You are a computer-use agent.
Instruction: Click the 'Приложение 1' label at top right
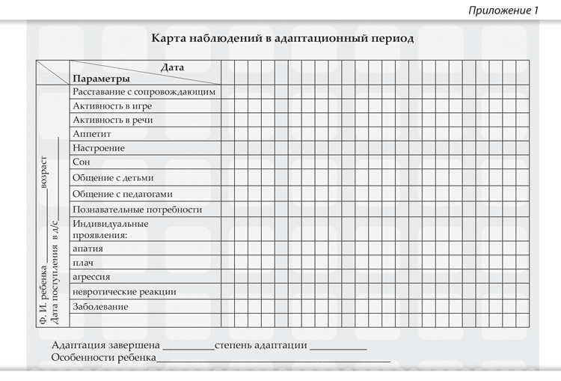503,10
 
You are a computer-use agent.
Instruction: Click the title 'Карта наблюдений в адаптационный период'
282,37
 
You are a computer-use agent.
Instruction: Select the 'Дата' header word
172,67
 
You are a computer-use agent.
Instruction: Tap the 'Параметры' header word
101,79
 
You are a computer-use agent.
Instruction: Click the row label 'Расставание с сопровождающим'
144,92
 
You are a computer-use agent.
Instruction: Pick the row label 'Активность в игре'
112,106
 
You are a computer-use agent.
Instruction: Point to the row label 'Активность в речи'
112,120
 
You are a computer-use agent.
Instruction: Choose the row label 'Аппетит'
92,134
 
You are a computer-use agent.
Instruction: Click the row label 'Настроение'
99,148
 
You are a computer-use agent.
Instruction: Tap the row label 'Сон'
82,162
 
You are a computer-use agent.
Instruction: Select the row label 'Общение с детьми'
113,178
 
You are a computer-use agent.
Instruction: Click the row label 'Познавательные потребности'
138,210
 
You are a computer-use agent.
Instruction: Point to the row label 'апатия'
88,249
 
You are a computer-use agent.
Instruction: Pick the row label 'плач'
83,263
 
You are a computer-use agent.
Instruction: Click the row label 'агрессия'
92,276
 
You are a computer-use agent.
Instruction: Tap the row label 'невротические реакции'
124,291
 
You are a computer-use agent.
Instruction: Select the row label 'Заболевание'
100,307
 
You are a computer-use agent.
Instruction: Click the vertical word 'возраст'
44,172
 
